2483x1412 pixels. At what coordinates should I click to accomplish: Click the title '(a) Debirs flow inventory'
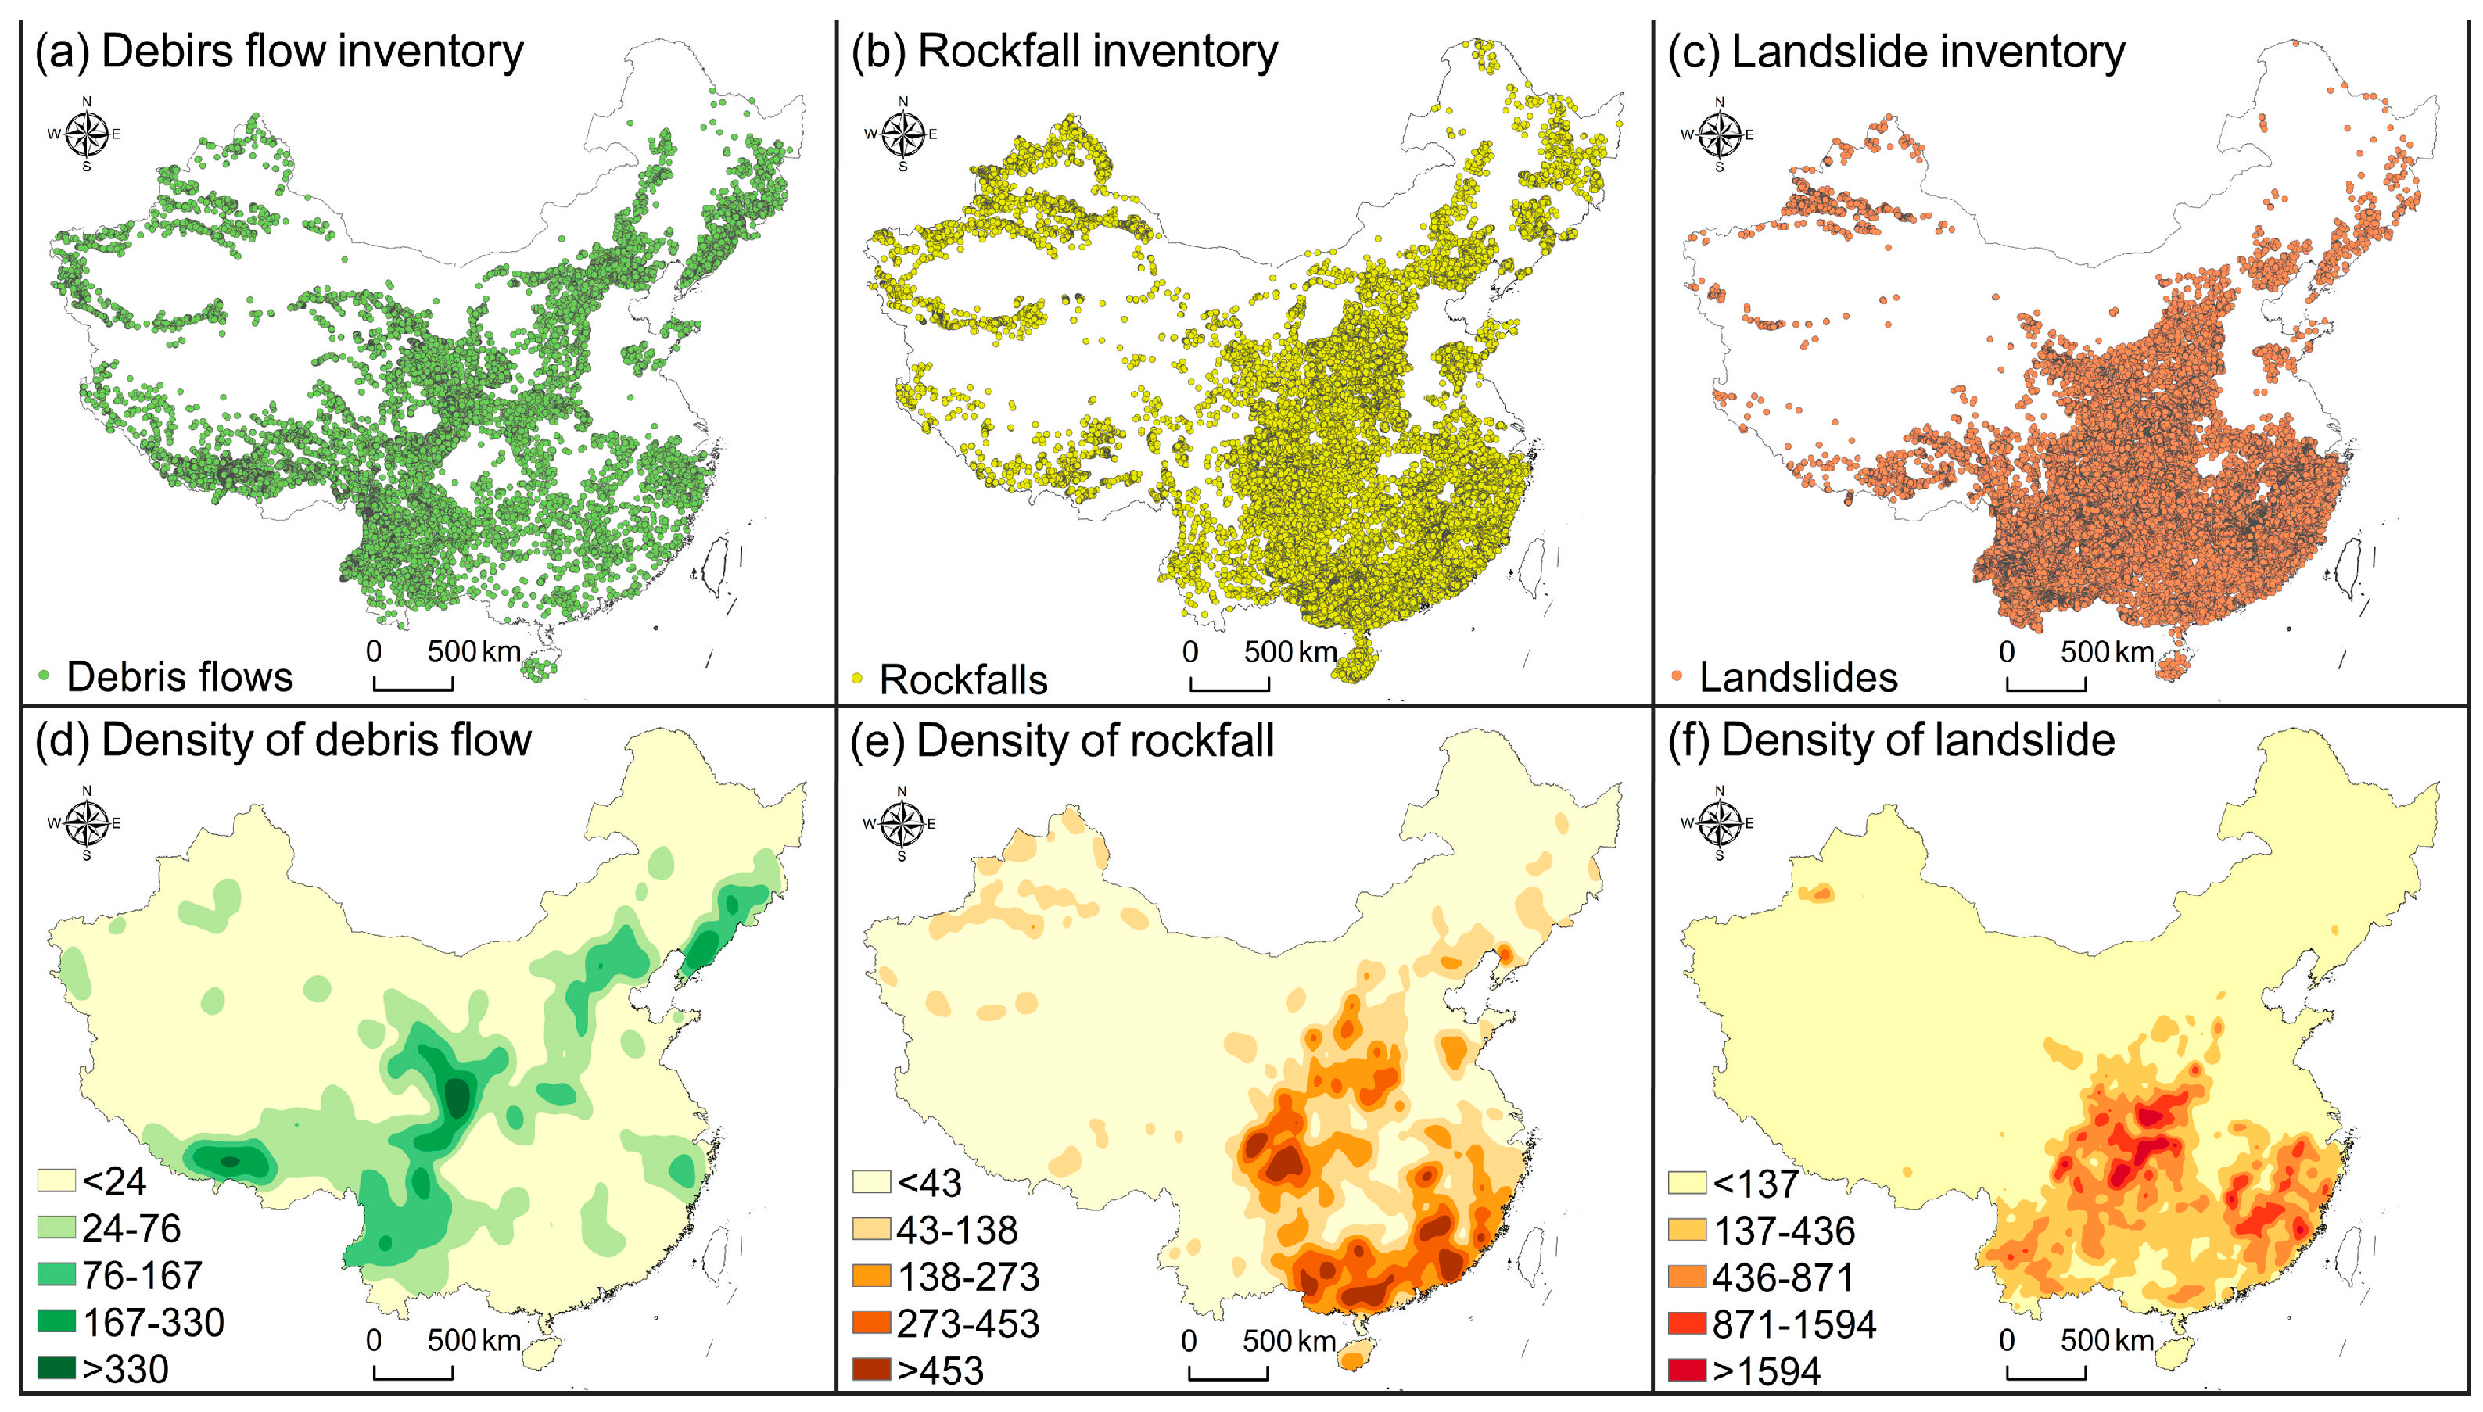pos(279,52)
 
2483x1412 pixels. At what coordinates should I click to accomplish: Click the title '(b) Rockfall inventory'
pos(1064,52)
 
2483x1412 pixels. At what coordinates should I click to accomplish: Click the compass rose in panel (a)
pos(86,134)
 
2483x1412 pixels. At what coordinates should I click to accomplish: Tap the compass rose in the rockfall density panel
pos(902,823)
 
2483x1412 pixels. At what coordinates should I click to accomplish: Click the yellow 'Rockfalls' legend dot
pos(856,678)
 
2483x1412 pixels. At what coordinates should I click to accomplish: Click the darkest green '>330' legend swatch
pos(56,1368)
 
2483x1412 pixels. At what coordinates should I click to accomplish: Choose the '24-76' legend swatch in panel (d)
pos(56,1227)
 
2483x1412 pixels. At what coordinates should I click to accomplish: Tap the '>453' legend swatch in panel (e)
pos(871,1369)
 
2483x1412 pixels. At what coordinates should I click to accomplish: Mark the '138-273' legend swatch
pos(871,1276)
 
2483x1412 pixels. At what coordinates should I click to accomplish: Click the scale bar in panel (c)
pos(2046,686)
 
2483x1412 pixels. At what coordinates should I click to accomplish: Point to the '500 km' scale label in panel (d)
pos(474,1340)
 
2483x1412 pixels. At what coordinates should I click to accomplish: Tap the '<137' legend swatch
pos(1688,1183)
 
